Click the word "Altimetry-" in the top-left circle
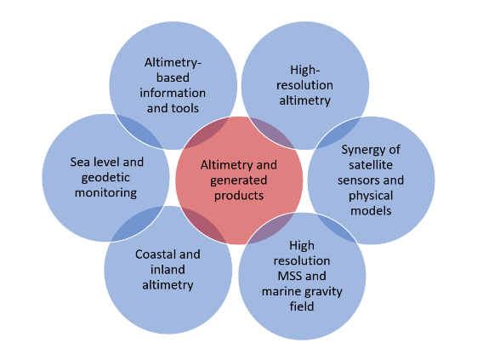click(173, 63)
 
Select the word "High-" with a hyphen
click(305, 71)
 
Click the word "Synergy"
click(363, 151)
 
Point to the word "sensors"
click(357, 180)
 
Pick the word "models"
click(371, 211)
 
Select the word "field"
click(302, 306)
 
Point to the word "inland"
click(168, 270)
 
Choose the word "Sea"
click(80, 162)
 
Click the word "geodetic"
click(105, 178)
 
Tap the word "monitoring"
click(105, 193)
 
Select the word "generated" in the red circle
click(239, 181)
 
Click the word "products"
click(239, 196)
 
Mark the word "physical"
click(371, 197)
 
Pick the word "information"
click(173, 93)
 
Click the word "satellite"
click(371, 165)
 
